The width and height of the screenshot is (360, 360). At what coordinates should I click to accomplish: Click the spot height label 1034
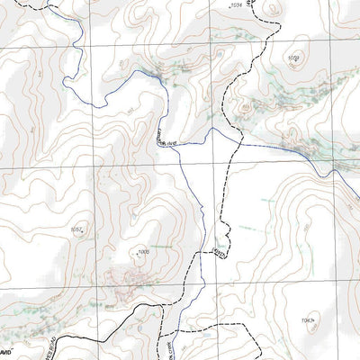pyautogui.click(x=238, y=7)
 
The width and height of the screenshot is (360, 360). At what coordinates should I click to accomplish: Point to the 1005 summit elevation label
pyautogui.click(x=143, y=253)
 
